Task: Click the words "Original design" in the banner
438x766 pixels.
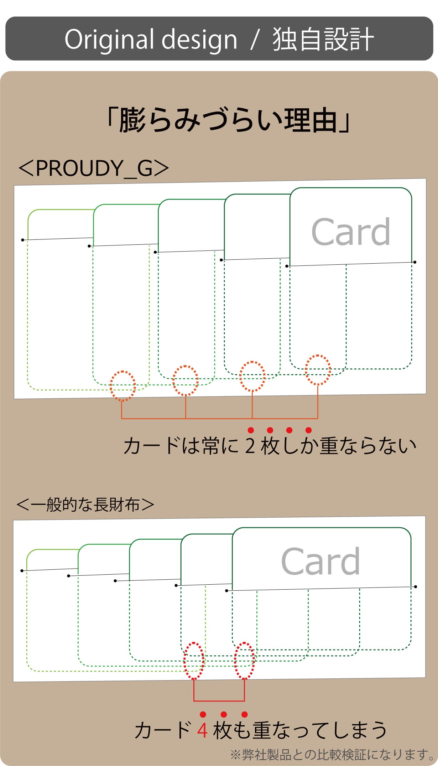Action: point(151,39)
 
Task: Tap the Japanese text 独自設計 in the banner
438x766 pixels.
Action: point(323,39)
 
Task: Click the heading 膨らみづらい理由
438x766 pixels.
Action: point(228,120)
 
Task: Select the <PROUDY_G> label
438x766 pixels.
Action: point(94,168)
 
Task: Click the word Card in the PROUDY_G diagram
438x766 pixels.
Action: point(351,232)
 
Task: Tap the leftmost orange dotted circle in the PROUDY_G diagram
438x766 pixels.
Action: point(123,386)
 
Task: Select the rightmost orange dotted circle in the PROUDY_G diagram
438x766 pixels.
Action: point(318,370)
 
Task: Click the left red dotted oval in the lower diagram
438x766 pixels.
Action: point(194,661)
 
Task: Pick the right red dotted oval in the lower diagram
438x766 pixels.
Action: point(244,661)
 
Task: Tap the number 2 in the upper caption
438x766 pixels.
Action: point(250,446)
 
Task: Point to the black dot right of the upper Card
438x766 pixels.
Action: point(415,262)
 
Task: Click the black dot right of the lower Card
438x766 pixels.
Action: point(416,586)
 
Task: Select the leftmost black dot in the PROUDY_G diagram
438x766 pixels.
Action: point(22,240)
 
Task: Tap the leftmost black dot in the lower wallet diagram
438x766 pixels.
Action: point(22,571)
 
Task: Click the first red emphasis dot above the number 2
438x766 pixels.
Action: point(251,430)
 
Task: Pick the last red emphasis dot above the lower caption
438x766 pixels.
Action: point(244,714)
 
